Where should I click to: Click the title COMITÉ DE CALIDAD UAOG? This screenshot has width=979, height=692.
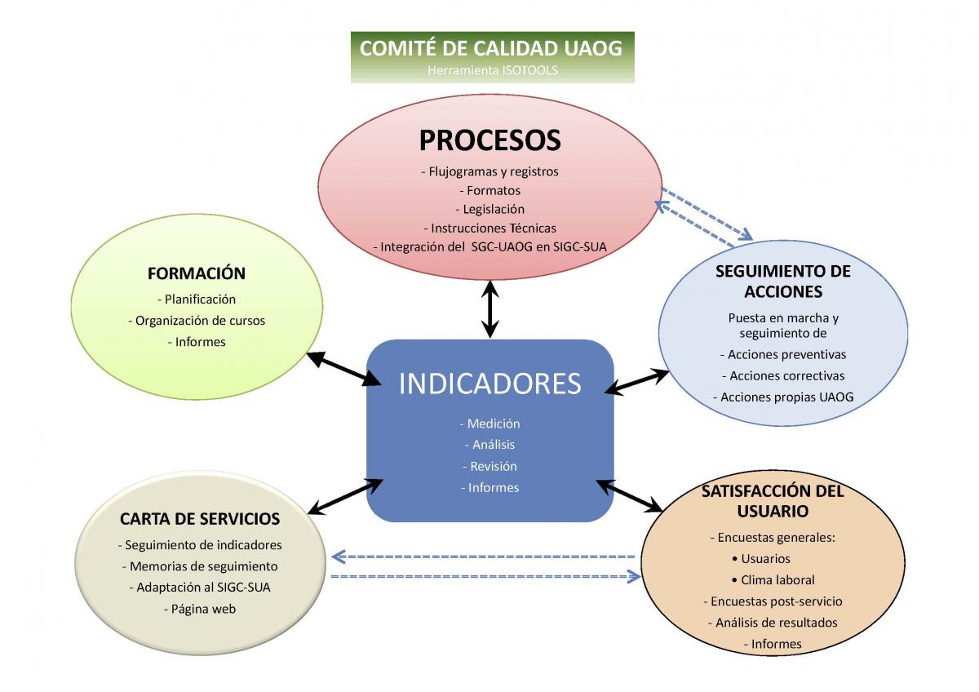click(x=491, y=48)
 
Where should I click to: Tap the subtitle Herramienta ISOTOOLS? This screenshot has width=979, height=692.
click(x=493, y=70)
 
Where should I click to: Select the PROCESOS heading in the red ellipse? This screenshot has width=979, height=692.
click(x=490, y=140)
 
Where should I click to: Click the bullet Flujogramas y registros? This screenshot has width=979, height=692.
click(x=490, y=171)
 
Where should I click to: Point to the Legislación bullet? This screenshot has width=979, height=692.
click(x=490, y=209)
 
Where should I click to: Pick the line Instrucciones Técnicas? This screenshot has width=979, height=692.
click(x=490, y=228)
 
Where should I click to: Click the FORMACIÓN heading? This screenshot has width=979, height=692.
click(x=197, y=273)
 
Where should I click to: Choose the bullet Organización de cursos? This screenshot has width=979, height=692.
click(x=197, y=321)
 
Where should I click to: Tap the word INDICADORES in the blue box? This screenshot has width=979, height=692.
click(x=490, y=384)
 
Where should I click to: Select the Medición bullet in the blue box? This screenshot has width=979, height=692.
click(x=490, y=424)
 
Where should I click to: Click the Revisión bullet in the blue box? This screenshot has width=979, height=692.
click(x=490, y=467)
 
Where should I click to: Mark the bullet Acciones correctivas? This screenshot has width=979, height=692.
click(x=783, y=376)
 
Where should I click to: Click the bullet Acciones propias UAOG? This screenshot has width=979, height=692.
click(x=783, y=397)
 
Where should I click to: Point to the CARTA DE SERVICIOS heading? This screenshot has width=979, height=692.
click(x=200, y=519)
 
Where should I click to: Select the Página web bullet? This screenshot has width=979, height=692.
click(x=200, y=609)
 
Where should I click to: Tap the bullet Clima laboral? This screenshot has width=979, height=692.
click(x=773, y=580)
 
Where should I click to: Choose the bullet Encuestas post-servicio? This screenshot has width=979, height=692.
click(x=773, y=601)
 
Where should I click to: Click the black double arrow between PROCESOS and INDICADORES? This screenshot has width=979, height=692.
click(x=490, y=309)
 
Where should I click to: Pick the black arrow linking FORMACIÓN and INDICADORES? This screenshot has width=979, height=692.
click(x=343, y=369)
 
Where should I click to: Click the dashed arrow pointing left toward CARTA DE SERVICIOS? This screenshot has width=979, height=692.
click(x=483, y=557)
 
